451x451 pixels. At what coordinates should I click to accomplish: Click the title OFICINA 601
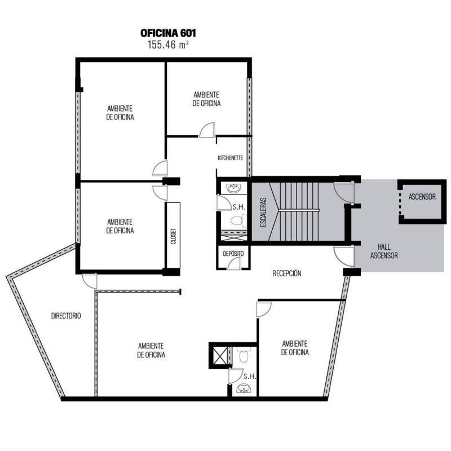point(168,33)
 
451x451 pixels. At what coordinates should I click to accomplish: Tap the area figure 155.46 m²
point(168,45)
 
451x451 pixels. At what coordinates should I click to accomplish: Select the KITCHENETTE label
point(231,158)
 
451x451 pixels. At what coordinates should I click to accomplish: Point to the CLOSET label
point(174,236)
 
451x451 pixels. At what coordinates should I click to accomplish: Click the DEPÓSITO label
point(233,254)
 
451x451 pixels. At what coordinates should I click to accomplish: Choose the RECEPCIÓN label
point(287,273)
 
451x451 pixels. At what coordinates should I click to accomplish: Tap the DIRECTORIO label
point(66,316)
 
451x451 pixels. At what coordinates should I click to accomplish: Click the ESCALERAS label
point(263,212)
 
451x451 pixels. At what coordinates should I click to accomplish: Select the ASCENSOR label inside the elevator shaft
point(422,197)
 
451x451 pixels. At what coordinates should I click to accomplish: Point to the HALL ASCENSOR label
point(384,251)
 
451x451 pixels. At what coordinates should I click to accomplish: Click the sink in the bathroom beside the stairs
point(233,188)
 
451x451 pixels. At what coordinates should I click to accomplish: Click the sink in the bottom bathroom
point(244,388)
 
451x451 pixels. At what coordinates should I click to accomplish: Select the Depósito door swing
point(234,263)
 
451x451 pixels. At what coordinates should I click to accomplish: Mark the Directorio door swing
point(90,281)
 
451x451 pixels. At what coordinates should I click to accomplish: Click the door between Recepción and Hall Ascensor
point(344,256)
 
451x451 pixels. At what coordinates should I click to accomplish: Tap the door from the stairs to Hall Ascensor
point(344,192)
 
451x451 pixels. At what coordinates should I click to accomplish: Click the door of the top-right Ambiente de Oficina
point(207,130)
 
